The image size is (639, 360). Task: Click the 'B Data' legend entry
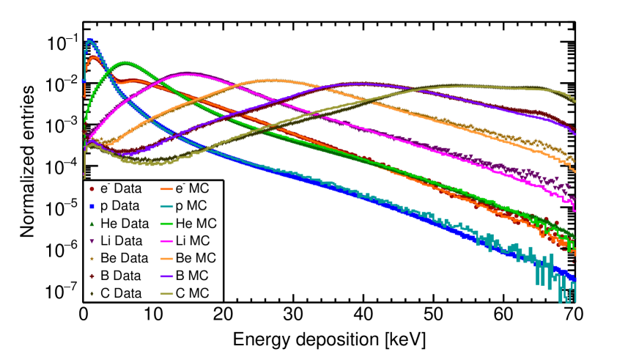[115, 276]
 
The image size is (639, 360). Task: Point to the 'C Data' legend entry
[115, 293]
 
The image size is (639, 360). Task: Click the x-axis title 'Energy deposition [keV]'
[329, 341]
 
